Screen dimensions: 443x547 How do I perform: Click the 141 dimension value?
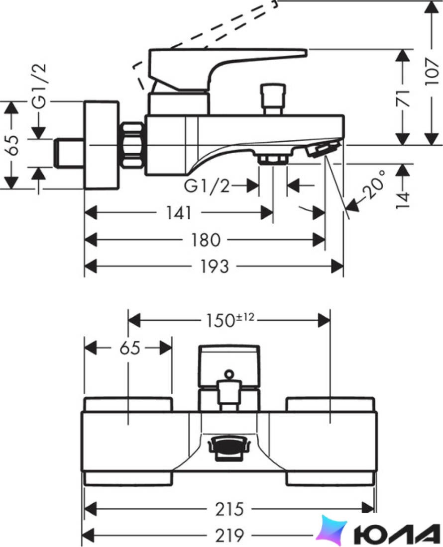click(179, 213)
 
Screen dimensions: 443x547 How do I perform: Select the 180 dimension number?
click(206, 240)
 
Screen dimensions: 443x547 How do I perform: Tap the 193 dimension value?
click(215, 267)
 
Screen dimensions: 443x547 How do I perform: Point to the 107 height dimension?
click(432, 72)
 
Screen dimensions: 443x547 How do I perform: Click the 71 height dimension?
click(404, 98)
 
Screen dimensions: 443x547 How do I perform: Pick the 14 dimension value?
click(403, 200)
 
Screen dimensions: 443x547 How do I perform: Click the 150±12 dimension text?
click(229, 320)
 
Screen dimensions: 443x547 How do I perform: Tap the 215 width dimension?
click(229, 509)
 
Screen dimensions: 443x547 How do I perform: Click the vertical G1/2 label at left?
click(39, 86)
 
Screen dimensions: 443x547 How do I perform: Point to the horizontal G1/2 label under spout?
click(207, 186)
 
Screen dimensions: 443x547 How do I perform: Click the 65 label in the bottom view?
click(130, 348)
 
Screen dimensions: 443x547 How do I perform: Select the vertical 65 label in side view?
click(13, 145)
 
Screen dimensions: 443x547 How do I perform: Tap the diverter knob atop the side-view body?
click(273, 99)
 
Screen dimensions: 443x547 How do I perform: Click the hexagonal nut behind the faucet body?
click(133, 145)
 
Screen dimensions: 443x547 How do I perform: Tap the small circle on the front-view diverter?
click(229, 374)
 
